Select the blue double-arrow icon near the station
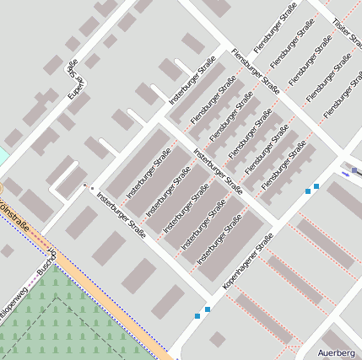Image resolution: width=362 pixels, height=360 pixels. point(346,173)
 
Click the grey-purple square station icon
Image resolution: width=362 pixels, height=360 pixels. point(355,171)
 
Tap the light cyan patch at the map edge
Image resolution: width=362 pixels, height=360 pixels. point(3,157)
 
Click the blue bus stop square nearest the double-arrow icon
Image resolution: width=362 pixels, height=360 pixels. point(316,185)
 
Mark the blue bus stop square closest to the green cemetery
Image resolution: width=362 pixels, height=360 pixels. point(197,315)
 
